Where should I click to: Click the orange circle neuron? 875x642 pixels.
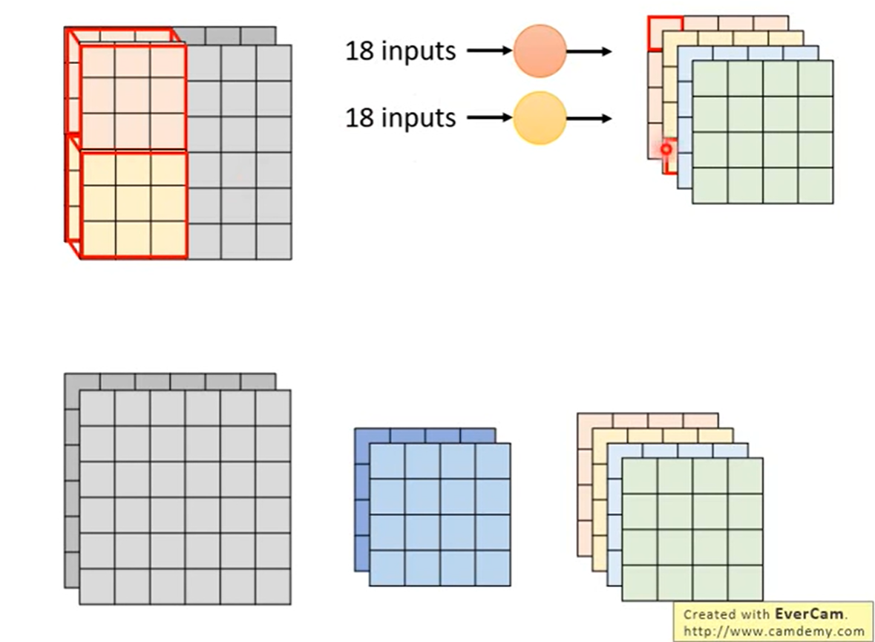coord(540,51)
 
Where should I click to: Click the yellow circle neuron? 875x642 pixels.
coord(540,118)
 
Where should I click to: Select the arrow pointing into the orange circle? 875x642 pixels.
coord(490,51)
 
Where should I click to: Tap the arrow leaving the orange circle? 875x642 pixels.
coord(589,51)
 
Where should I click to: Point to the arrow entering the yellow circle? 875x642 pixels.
coord(490,118)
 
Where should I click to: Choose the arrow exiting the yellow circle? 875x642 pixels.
coord(589,118)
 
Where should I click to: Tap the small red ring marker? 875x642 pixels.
coord(666,149)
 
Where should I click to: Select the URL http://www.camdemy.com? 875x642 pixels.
coord(774,632)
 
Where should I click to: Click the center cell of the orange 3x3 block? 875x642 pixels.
coord(133,96)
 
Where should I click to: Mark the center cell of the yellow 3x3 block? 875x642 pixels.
coord(133,203)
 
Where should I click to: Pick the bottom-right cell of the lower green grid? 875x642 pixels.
coord(745,583)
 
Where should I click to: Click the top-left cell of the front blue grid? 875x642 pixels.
coord(387,461)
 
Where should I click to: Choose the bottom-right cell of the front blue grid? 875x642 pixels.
coord(494,568)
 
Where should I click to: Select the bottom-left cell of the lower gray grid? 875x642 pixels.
coord(97,586)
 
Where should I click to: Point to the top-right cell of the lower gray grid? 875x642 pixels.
coord(273,408)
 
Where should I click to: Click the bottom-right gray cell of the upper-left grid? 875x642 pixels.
coord(274,242)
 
